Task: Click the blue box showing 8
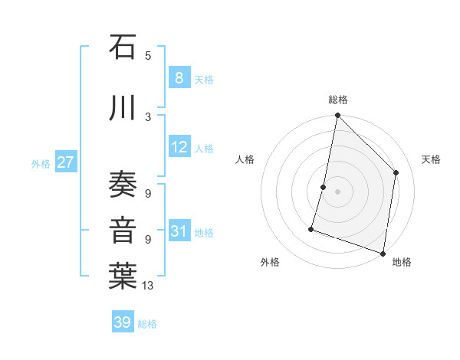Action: point(179,77)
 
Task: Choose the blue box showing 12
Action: point(179,148)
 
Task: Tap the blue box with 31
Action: point(179,232)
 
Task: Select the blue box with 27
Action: point(65,162)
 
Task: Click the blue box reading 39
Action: point(123,322)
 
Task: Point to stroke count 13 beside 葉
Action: point(147,286)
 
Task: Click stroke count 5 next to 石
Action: point(148,55)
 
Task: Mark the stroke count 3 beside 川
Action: point(148,116)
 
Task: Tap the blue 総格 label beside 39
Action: point(147,324)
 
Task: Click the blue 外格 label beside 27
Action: point(41,163)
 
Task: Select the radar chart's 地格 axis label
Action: point(402,262)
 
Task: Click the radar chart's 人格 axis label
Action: point(245,159)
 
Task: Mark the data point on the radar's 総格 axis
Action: point(337,116)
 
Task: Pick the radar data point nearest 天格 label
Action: point(396,172)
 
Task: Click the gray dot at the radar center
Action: point(337,191)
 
